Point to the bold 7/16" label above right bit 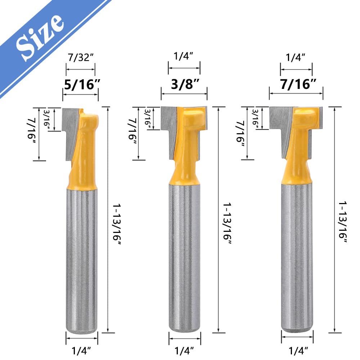(x=298, y=84)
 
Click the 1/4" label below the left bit (x=81, y=351)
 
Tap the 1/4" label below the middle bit (x=184, y=351)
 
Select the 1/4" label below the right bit (x=298, y=351)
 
